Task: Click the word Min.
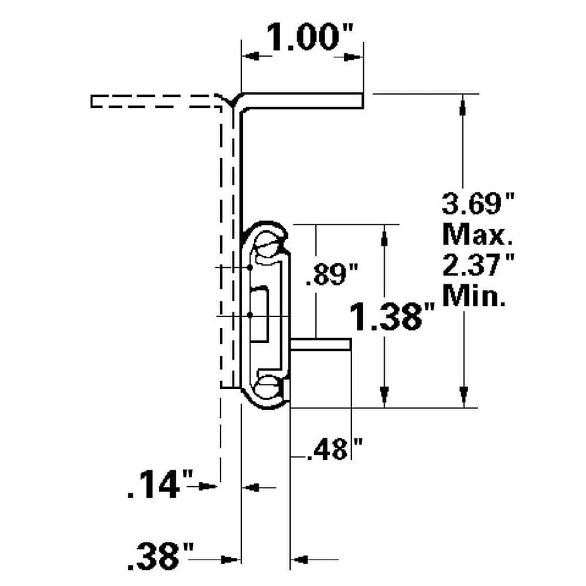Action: click(x=475, y=297)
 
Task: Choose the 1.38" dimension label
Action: click(x=394, y=317)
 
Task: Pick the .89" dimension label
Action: click(x=332, y=275)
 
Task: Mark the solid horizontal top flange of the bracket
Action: click(x=302, y=100)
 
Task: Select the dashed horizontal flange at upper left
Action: click(x=155, y=101)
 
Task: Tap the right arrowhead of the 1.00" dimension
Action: click(x=352, y=57)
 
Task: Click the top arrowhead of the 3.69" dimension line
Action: click(x=463, y=105)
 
